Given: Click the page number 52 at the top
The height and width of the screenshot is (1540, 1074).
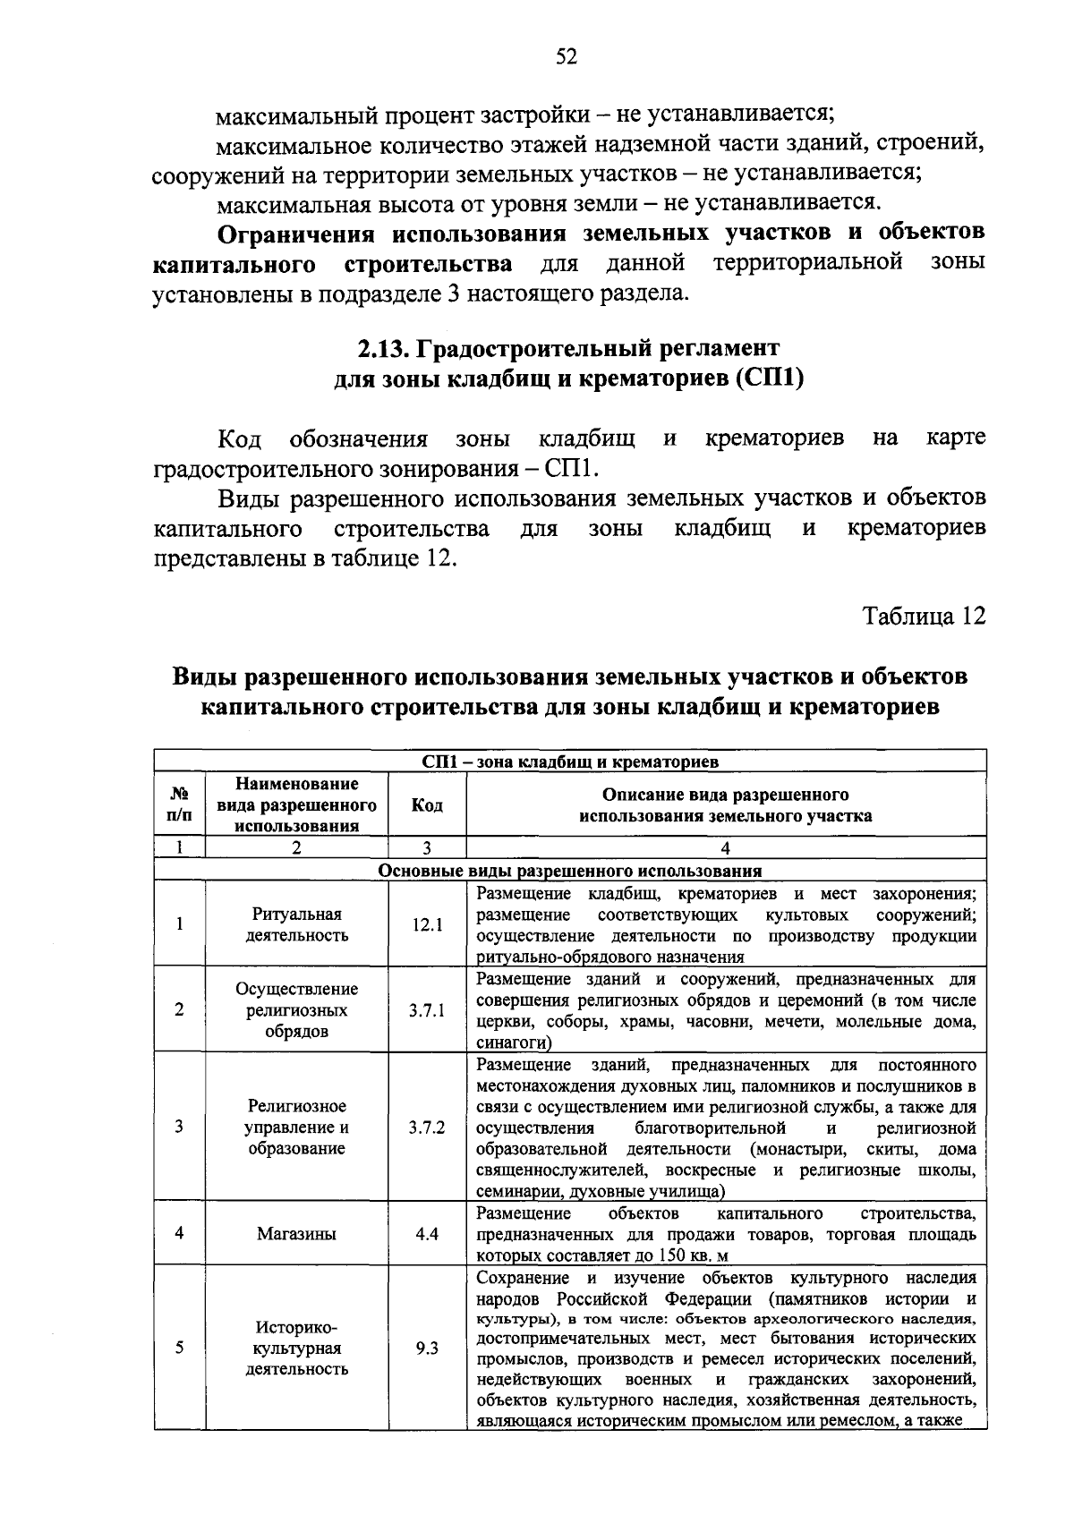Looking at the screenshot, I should (566, 57).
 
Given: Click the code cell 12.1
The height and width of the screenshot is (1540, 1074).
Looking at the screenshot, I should (427, 925).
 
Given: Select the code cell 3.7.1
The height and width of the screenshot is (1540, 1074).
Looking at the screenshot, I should (427, 1010).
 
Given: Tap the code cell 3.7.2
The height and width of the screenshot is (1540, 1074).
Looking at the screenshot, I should (427, 1127).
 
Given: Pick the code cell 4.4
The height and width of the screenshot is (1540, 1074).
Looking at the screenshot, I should (427, 1233).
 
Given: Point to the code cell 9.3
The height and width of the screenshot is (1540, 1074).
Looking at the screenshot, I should (427, 1348).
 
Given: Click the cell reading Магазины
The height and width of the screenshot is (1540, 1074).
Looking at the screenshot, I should (296, 1233).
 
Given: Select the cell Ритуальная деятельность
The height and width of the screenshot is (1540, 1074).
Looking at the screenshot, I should (296, 925).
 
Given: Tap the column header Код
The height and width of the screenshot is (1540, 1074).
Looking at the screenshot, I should (427, 805).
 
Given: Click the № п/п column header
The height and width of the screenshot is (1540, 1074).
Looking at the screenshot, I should (180, 805).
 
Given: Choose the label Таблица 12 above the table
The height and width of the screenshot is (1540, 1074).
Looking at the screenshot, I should (923, 617).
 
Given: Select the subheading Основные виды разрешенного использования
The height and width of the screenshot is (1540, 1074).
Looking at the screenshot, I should (570, 871).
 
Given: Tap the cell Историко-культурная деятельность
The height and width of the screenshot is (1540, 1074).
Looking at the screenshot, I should (296, 1348).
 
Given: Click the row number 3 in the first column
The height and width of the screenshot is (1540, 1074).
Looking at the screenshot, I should (180, 1127).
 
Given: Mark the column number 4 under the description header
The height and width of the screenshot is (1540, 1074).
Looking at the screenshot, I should (726, 848).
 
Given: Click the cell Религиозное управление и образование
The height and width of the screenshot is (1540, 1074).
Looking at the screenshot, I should (296, 1127).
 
